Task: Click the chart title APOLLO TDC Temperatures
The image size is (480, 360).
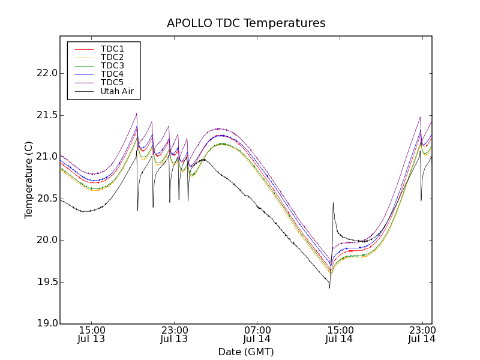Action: pyautogui.click(x=246, y=23)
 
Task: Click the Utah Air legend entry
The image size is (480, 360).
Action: pyautogui.click(x=117, y=92)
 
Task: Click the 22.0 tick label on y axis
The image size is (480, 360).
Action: pyautogui.click(x=46, y=73)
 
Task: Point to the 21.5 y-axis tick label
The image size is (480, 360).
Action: pyautogui.click(x=46, y=115)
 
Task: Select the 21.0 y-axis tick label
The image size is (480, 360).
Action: pyautogui.click(x=46, y=157)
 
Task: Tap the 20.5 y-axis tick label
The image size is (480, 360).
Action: pyautogui.click(x=46, y=199)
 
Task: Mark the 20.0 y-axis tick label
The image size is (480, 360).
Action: pyautogui.click(x=46, y=240)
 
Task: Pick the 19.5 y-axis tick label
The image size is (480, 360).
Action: pyautogui.click(x=46, y=282)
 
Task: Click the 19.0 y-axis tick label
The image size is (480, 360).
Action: pyautogui.click(x=46, y=323)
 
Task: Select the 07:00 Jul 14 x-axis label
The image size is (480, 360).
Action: pyautogui.click(x=257, y=334)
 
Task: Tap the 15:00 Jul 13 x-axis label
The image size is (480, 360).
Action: pyautogui.click(x=92, y=334)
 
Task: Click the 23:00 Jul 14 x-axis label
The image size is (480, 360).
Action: pyautogui.click(x=422, y=334)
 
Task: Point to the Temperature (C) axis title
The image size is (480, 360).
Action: pyautogui.click(x=29, y=180)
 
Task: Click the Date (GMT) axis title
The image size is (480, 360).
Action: pyautogui.click(x=246, y=352)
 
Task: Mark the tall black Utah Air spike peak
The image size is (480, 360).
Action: pyautogui.click(x=332, y=203)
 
